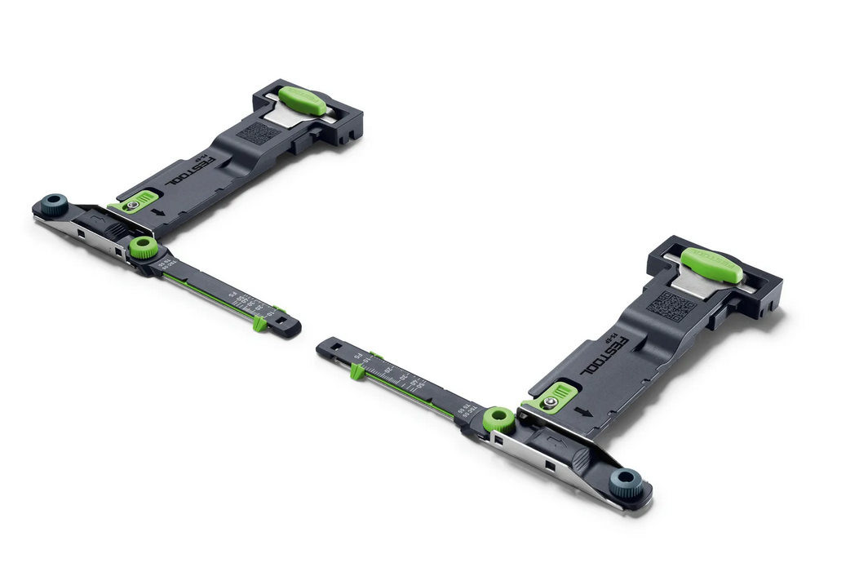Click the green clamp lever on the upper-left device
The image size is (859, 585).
302,100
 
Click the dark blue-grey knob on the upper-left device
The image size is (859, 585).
56,203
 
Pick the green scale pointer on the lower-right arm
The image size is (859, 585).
356,372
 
